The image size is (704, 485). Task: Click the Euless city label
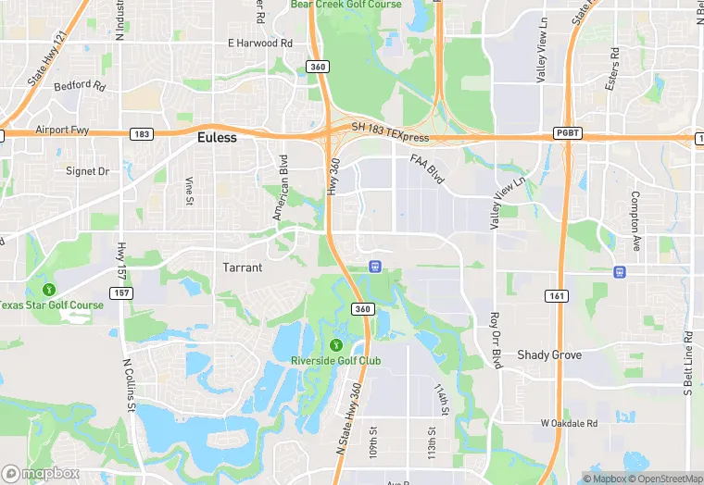tap(217, 137)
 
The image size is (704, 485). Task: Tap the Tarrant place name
tap(243, 267)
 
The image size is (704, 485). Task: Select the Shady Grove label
tap(549, 354)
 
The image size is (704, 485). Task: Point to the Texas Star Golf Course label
tap(51, 305)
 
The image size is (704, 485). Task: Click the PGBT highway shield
tap(567, 132)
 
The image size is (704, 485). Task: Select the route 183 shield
tap(141, 133)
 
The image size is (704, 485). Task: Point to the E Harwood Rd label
tap(260, 44)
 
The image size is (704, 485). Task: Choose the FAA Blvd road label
tap(428, 171)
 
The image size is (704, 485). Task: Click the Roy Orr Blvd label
tap(496, 341)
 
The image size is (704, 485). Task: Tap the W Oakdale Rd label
tap(570, 423)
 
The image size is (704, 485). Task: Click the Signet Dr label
tap(87, 171)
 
